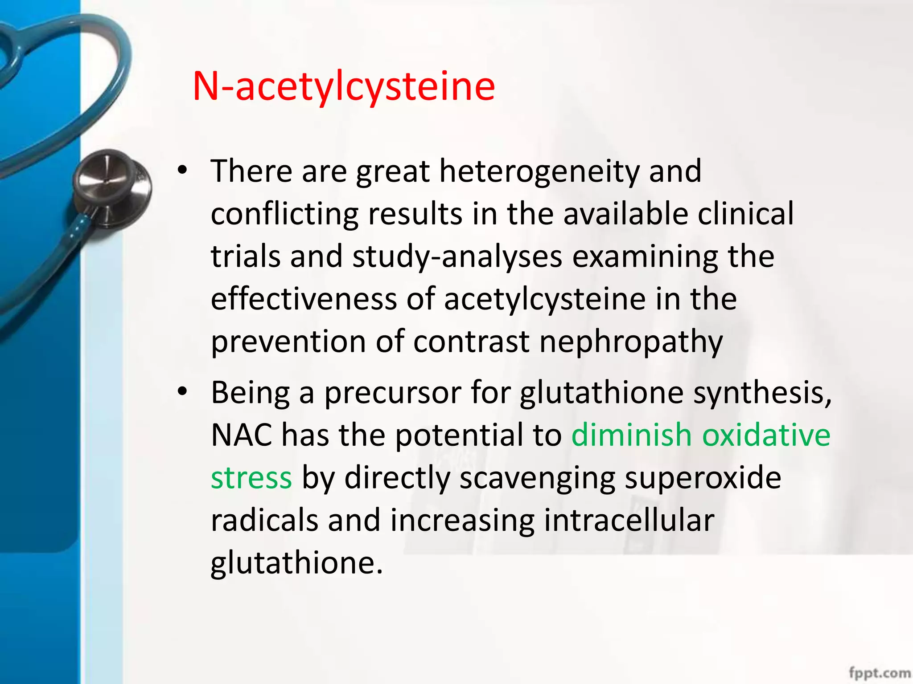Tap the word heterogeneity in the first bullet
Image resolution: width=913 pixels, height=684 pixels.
(539, 171)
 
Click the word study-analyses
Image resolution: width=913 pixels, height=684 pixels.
(457, 256)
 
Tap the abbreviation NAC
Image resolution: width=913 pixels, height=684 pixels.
(241, 435)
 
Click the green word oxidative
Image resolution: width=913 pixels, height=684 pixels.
(766, 435)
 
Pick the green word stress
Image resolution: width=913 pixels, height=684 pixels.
(251, 477)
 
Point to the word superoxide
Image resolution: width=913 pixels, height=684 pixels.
(703, 477)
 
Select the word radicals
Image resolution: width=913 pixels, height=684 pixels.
(264, 520)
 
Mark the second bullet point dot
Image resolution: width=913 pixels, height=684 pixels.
(182, 392)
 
